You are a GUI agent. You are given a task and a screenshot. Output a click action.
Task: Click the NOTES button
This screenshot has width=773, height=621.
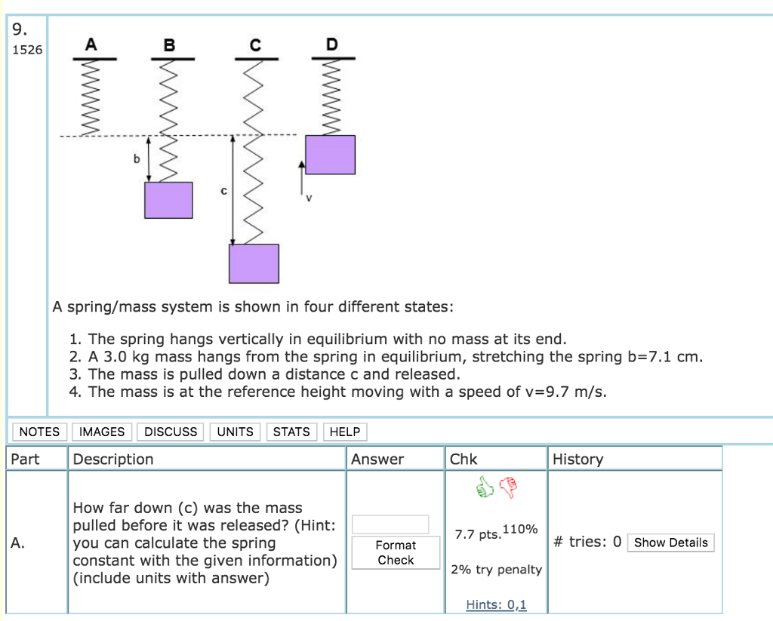(x=39, y=432)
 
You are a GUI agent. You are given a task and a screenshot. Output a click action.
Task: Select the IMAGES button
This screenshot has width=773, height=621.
(x=102, y=432)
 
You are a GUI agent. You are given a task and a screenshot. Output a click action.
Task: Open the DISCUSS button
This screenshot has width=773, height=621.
(x=171, y=432)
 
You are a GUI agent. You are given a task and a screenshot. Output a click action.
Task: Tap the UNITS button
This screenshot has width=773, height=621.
(x=235, y=432)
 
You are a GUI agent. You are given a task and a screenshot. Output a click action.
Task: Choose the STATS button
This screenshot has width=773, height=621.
(x=291, y=432)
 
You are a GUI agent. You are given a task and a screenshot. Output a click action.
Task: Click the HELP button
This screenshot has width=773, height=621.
(x=345, y=432)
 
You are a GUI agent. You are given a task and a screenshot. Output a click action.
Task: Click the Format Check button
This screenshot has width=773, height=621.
(x=396, y=552)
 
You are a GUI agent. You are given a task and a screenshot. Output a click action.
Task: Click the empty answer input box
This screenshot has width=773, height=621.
(x=390, y=524)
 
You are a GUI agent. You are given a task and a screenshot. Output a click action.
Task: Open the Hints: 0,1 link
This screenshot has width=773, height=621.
(x=496, y=604)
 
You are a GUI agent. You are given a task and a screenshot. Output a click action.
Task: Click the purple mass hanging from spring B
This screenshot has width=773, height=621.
(x=168, y=200)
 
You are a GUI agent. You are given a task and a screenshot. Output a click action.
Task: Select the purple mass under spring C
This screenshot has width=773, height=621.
(x=254, y=263)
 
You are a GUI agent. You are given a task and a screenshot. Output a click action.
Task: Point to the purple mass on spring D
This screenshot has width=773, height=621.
(x=330, y=155)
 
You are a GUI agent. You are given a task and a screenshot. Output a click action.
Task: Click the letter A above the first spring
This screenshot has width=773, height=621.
(x=91, y=45)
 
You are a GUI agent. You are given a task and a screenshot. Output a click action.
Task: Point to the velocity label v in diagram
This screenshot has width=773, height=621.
(x=308, y=198)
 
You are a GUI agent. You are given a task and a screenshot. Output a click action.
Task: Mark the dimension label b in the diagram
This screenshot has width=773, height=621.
(x=137, y=159)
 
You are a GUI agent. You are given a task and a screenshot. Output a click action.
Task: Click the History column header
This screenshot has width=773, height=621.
(x=577, y=459)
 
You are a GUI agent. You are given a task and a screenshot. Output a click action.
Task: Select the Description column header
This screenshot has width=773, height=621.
(x=113, y=459)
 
